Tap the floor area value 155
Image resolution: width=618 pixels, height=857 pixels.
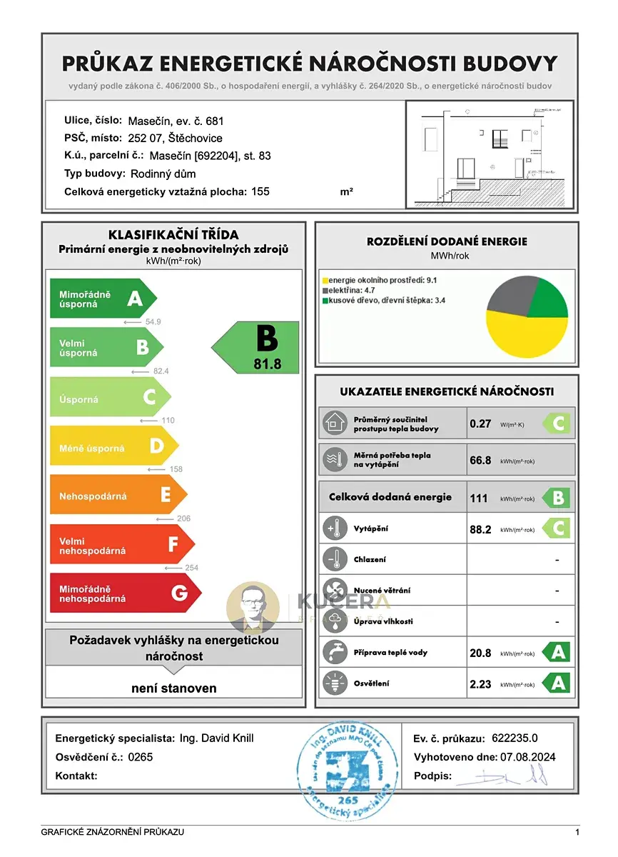tap(261, 191)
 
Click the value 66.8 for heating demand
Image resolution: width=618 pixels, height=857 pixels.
tap(480, 461)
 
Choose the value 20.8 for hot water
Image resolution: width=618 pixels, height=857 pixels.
tap(480, 653)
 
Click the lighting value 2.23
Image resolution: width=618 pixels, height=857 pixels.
tap(480, 684)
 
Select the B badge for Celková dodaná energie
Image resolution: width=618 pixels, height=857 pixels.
tap(557, 498)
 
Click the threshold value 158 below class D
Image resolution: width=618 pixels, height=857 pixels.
tap(176, 469)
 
